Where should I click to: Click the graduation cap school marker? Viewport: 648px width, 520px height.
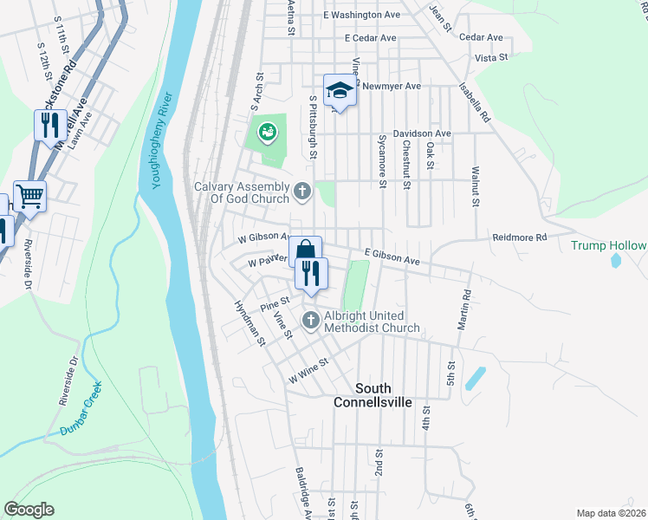tap(340, 91)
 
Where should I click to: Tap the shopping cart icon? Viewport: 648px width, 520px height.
tap(29, 196)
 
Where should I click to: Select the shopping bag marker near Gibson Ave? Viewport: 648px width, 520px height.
tap(305, 251)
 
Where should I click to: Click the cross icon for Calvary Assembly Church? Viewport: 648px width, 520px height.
tap(302, 191)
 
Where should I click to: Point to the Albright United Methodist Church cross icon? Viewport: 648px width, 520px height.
tap(311, 322)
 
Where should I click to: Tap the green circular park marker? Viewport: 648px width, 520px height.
tap(268, 133)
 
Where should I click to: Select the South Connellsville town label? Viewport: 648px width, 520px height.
tap(373, 394)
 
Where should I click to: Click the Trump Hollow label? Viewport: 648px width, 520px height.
tap(608, 246)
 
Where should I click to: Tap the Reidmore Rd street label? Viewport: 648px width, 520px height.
tap(520, 237)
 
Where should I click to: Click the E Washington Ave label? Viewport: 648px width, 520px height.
tap(361, 15)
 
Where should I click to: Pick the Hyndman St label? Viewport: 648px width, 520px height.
tap(249, 323)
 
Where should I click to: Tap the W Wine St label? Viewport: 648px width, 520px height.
tap(310, 372)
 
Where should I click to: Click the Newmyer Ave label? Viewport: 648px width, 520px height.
tap(392, 86)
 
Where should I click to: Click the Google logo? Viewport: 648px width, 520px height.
tap(29, 510)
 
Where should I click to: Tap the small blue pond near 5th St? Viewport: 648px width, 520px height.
tap(475, 379)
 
